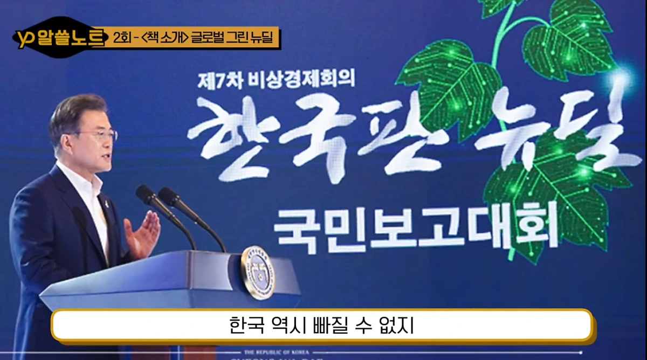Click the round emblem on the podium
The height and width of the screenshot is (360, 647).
[258, 272]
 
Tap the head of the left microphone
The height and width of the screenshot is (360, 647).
[144, 194]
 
